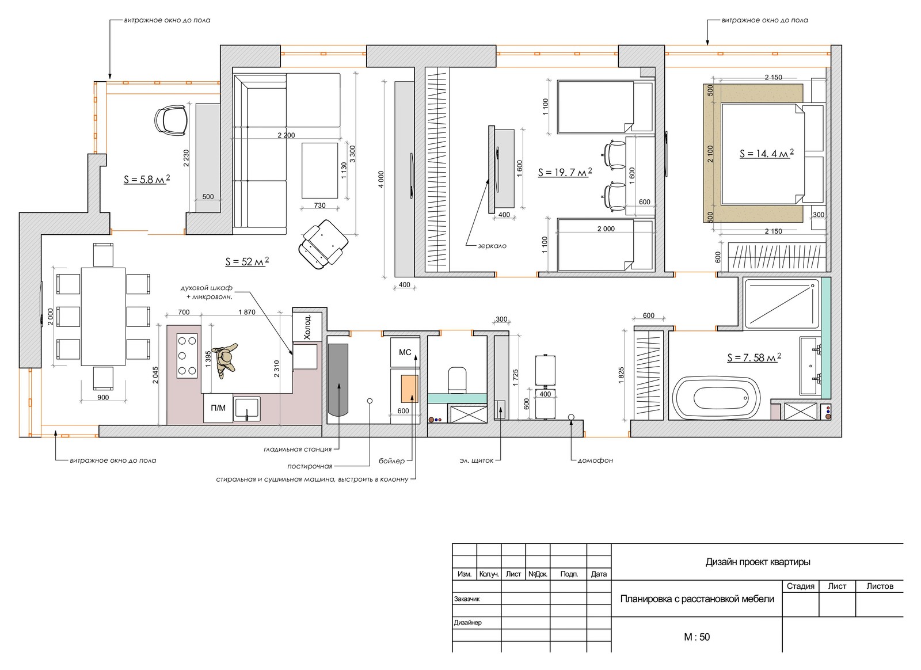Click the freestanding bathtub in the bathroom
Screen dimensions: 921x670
[716, 399]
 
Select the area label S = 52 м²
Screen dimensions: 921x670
[247, 261]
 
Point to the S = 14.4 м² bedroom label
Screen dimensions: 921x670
[766, 153]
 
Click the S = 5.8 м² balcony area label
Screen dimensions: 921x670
[147, 179]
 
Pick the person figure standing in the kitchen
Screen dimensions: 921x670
[225, 360]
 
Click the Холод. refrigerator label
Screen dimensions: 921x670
[307, 327]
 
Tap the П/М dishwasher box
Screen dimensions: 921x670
[218, 408]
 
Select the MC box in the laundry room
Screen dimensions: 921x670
[405, 352]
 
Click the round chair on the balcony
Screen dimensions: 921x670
[171, 120]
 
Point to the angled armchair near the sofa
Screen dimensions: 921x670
[323, 244]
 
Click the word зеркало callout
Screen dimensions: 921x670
[492, 246]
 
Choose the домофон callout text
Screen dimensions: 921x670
[595, 460]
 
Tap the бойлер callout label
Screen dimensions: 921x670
[391, 461]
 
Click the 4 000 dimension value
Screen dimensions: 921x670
[381, 180]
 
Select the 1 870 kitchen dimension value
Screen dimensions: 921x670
[247, 312]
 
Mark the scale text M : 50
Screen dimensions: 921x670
[697, 637]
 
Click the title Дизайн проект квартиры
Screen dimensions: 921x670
[758, 562]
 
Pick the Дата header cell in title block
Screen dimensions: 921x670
[599, 574]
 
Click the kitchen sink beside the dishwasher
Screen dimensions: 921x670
[247, 409]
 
